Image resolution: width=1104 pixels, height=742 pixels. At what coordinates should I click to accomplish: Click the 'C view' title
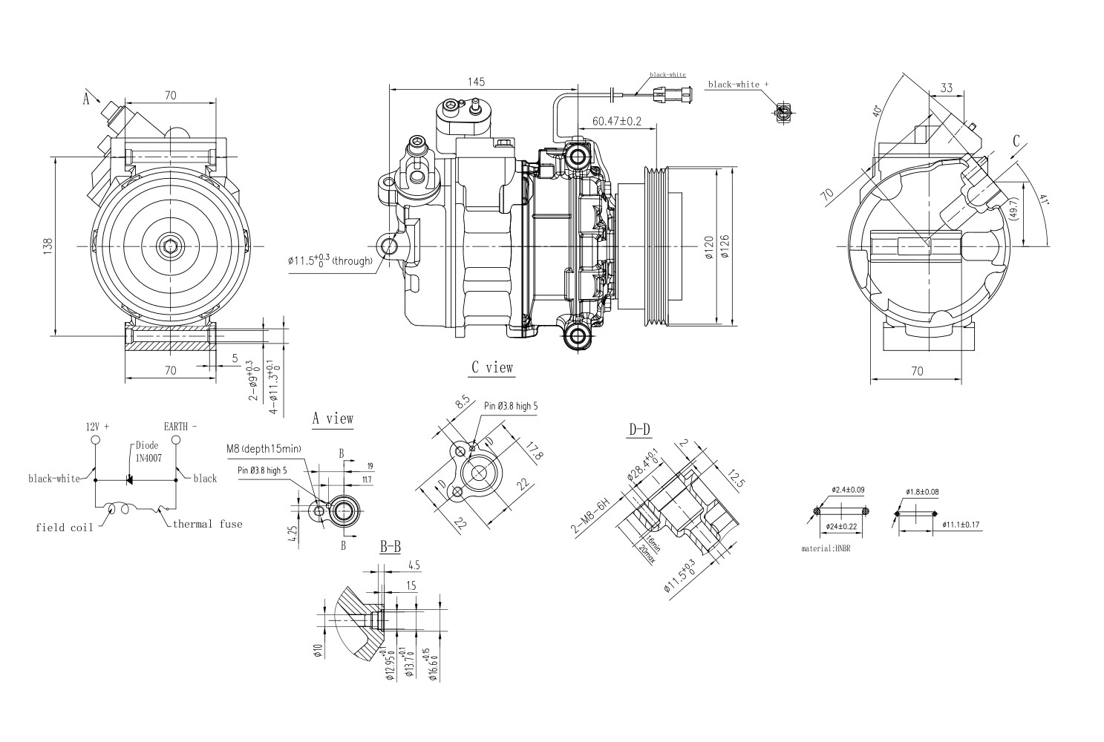coord(491,367)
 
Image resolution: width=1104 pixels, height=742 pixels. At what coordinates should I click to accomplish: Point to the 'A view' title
coord(333,419)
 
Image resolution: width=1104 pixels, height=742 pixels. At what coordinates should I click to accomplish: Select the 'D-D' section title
coord(640,429)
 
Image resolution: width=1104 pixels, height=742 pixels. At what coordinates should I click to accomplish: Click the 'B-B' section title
coord(391,548)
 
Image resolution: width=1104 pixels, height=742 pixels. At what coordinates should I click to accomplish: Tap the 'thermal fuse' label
coord(207,524)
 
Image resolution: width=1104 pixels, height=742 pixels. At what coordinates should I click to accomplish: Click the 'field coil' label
coord(65,528)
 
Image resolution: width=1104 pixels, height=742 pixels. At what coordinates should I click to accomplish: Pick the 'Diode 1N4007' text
coord(148,451)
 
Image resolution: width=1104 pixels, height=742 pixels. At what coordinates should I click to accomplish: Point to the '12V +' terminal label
coord(97,427)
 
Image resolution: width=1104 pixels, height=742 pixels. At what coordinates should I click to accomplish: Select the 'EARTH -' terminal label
coord(180,427)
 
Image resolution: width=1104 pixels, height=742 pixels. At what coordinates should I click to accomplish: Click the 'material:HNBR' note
coord(830,549)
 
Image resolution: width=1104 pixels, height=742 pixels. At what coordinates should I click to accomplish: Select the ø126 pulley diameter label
coord(725,246)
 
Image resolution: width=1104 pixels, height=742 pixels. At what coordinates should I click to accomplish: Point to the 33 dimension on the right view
coord(946,88)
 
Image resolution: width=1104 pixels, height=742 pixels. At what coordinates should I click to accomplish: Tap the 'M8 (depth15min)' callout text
coord(264,449)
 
